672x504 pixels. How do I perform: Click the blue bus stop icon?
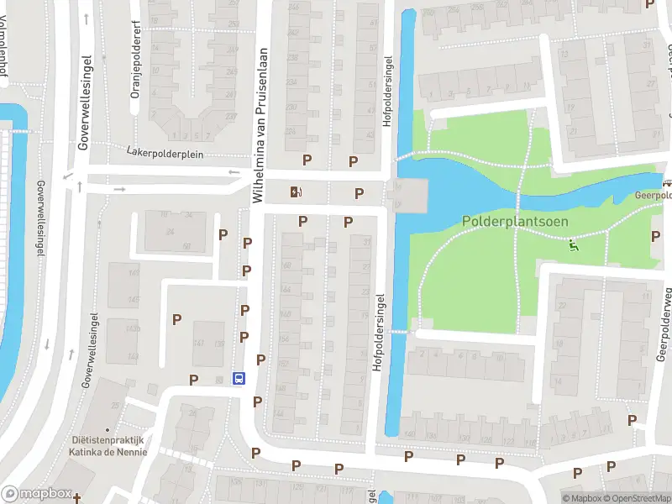pyautogui.click(x=239, y=378)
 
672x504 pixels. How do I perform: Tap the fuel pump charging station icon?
pyautogui.click(x=295, y=192)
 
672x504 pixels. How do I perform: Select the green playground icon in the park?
pyautogui.click(x=574, y=245)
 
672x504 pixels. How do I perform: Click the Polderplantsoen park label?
pyautogui.click(x=515, y=221)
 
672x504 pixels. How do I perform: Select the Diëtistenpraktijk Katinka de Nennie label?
pyautogui.click(x=108, y=445)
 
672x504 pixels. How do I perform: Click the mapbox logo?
pyautogui.click(x=35, y=495)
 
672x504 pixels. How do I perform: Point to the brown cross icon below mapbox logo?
pyautogui.click(x=77, y=499)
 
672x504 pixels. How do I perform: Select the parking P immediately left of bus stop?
pyautogui.click(x=194, y=380)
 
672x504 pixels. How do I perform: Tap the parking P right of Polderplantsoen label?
pyautogui.click(x=655, y=237)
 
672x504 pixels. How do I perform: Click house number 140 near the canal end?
pyautogui.click(x=410, y=434)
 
